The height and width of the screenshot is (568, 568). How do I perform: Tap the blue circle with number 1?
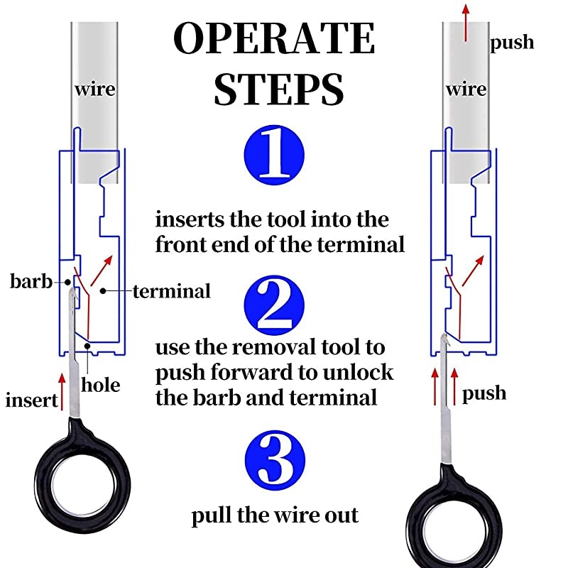point(274,153)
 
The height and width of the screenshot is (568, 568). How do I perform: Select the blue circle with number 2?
point(274,305)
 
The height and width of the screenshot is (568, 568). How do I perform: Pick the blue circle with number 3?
point(274,459)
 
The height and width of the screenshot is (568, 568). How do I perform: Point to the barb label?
point(31,282)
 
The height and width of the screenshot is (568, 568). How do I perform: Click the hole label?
point(100,386)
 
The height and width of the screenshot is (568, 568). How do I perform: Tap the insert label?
point(31,400)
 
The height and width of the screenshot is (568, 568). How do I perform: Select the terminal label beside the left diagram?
point(171,290)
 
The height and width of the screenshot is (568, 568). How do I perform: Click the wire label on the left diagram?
point(95,90)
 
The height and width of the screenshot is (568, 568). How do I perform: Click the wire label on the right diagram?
point(466,90)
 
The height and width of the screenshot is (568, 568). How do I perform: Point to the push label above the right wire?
point(512,43)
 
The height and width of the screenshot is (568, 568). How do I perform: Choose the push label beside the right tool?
point(484,393)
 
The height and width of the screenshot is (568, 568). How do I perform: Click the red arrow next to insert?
point(62,393)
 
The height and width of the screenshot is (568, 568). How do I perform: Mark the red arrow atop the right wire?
point(466,21)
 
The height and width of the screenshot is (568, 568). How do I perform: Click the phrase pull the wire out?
point(275,515)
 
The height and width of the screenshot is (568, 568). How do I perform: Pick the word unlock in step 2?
point(356,373)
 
